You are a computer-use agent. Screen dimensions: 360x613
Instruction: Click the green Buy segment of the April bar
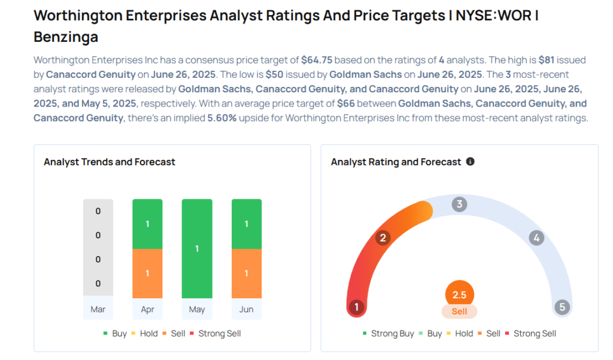click(x=147, y=223)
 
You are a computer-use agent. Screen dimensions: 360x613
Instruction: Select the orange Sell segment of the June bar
click(x=246, y=273)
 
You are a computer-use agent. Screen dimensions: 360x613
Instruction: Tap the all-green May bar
click(x=197, y=248)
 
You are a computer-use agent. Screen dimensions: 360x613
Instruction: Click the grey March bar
click(x=98, y=247)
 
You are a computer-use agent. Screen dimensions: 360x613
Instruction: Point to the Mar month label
click(x=98, y=309)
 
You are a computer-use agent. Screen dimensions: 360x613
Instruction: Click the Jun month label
click(x=246, y=309)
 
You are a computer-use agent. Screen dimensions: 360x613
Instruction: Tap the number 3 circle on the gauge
click(x=459, y=204)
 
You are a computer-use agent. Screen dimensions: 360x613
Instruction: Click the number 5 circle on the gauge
click(x=562, y=307)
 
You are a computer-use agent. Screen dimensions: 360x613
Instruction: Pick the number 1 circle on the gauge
click(x=357, y=307)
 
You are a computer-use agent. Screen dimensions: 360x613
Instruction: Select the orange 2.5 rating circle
click(x=459, y=295)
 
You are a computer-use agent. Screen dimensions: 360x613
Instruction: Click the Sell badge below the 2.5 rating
click(x=459, y=311)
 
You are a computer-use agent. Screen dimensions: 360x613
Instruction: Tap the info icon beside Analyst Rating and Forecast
click(x=470, y=162)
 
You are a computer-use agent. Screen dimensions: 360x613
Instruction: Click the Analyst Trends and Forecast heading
click(x=110, y=162)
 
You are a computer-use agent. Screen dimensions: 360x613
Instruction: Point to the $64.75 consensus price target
click(x=316, y=60)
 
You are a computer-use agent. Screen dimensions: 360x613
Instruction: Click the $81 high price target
click(x=547, y=60)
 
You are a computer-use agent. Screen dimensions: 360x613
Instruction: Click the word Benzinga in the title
click(x=66, y=37)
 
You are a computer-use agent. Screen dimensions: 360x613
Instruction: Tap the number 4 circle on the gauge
click(x=536, y=238)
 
